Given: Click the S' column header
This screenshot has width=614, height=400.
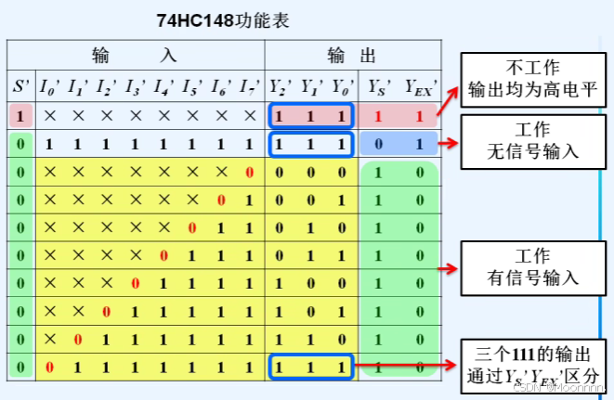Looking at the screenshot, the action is click(20, 86).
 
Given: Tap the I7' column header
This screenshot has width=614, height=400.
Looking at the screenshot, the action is click(249, 86).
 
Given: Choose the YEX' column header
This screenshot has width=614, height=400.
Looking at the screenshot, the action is click(421, 86).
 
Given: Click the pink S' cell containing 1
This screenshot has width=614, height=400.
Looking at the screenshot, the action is click(20, 117).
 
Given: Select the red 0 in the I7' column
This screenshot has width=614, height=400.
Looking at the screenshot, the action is click(249, 173).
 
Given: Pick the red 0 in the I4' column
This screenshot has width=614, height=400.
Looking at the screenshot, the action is click(163, 256).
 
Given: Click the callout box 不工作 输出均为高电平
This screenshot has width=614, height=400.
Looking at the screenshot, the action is click(530, 81).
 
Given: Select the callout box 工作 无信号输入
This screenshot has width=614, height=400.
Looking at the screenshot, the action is click(530, 139).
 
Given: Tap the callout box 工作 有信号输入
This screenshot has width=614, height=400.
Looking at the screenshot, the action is click(530, 267).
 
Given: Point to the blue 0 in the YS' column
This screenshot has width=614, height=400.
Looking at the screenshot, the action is click(378, 145).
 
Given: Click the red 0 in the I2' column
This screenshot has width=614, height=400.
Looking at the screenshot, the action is click(107, 312).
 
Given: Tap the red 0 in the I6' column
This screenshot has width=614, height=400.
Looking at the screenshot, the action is click(220, 200).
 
